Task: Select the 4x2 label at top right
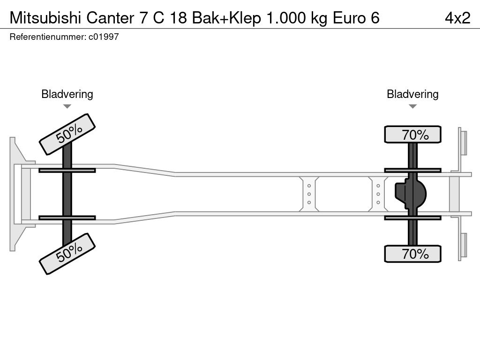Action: coord(457,18)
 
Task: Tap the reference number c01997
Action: coord(104,37)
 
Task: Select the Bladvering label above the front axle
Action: coord(67,94)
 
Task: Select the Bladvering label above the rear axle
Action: coord(412,94)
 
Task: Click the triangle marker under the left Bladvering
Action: coord(67,106)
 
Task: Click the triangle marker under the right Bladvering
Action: coord(412,106)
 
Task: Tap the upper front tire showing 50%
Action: coord(67,134)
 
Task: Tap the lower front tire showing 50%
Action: coord(67,253)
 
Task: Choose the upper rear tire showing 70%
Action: coord(412,135)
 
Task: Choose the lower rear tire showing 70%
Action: coord(412,254)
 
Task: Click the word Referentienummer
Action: coord(47,37)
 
